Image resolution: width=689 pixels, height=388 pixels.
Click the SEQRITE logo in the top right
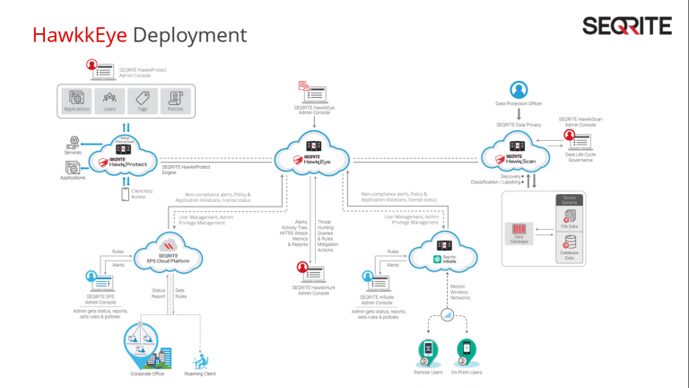point(625,26)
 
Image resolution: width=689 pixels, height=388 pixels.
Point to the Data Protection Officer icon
point(518,91)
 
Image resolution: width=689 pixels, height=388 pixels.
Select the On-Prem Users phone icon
point(465,348)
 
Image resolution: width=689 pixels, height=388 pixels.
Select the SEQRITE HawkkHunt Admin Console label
point(313,290)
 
